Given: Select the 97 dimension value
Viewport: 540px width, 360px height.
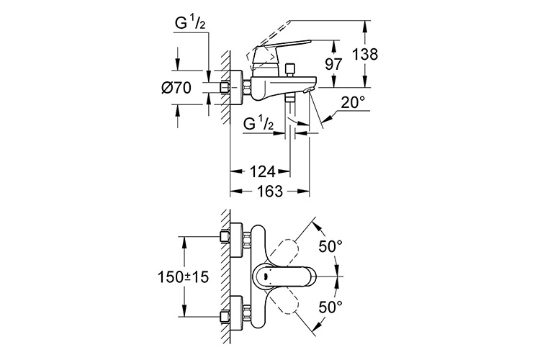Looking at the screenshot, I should point(332,63).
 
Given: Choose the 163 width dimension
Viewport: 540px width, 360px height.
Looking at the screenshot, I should point(262,192).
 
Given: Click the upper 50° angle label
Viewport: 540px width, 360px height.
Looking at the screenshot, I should point(330,246).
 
